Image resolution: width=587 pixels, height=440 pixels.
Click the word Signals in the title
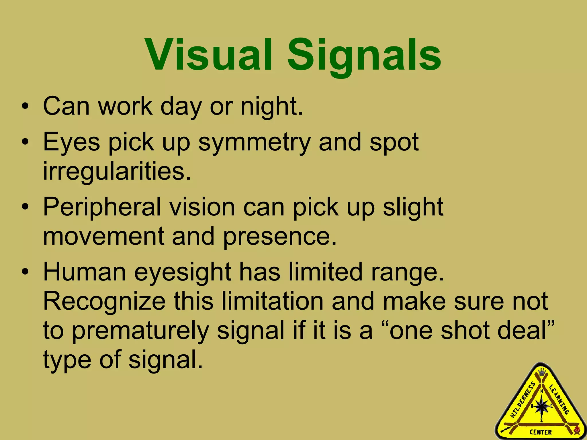click(364, 56)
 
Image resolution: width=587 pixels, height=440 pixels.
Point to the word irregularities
click(117, 171)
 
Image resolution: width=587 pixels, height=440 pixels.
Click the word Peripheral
click(102, 208)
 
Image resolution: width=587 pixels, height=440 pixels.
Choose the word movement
click(103, 237)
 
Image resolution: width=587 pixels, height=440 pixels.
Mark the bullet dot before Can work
click(25, 107)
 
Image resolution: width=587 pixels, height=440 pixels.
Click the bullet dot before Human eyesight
click(25, 272)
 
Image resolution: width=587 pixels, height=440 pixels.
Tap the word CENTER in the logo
click(541, 432)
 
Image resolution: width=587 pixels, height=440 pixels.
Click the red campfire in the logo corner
click(577, 430)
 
